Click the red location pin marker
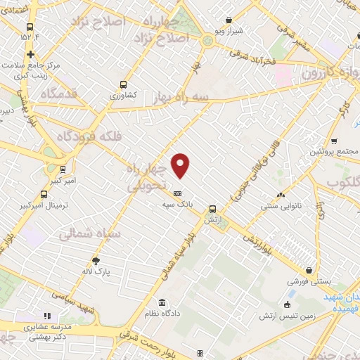(181, 165)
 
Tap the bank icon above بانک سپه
(177, 193)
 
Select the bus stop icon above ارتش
(212, 208)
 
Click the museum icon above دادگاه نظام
(162, 302)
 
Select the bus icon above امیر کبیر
(63, 169)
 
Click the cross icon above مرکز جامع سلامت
(30, 54)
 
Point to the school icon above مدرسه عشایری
(48, 316)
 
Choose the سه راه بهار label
(169, 101)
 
